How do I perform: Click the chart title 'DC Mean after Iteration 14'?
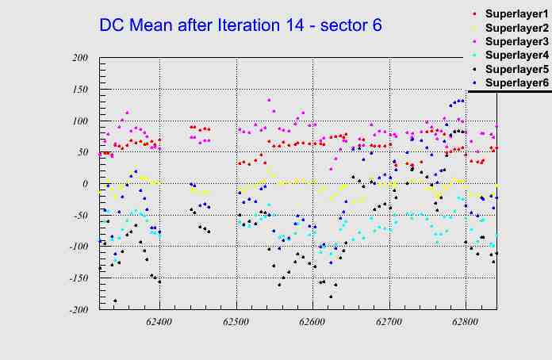(240, 25)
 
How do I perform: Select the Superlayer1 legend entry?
(516, 14)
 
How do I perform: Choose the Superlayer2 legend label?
(516, 28)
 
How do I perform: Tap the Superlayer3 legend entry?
(516, 41)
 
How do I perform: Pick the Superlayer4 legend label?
(516, 55)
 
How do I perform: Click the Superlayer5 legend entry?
(516, 69)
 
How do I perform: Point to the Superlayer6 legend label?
(516, 82)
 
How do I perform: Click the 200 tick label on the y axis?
(79, 57)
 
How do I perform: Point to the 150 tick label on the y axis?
(79, 89)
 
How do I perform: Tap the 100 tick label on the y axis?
(79, 121)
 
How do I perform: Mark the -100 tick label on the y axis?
(77, 247)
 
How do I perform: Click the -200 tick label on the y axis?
(77, 310)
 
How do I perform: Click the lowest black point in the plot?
(115, 301)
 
